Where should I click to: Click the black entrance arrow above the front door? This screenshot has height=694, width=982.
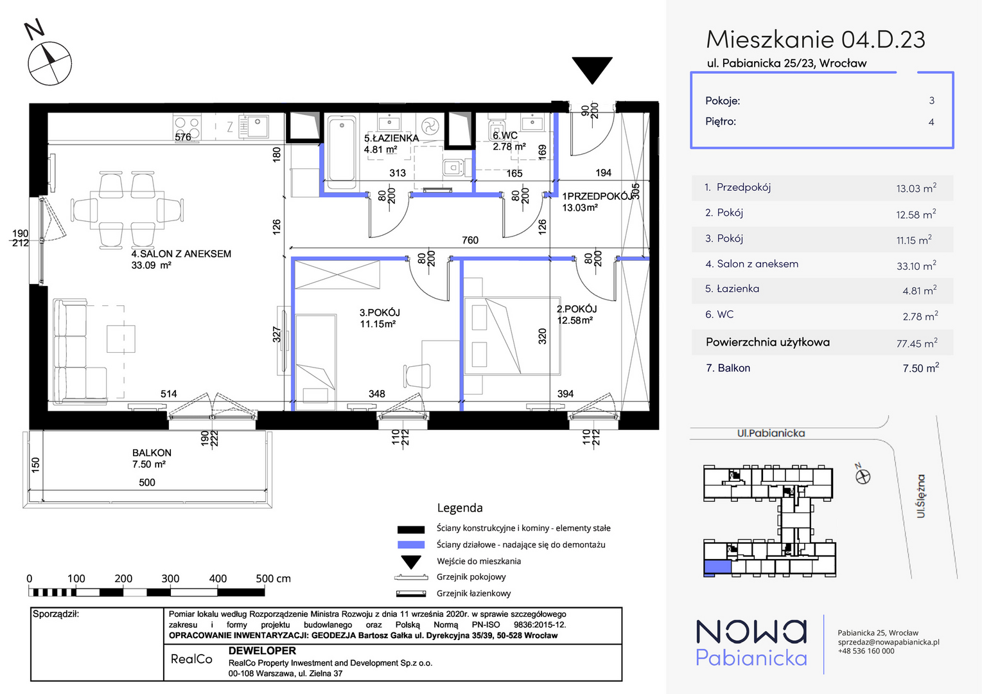(x=592, y=69)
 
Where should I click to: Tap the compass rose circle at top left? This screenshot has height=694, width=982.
(x=49, y=64)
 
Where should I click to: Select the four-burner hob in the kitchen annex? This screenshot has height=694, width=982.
(x=187, y=128)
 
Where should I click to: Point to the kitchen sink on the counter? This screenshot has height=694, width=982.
(x=254, y=127)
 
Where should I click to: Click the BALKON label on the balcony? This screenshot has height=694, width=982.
(x=152, y=452)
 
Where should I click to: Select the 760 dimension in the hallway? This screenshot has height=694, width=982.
(x=470, y=240)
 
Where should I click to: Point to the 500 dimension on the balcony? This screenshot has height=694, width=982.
(x=147, y=483)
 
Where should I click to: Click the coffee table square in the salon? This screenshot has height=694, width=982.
(x=121, y=338)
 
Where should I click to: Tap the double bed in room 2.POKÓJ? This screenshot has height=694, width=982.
(x=513, y=336)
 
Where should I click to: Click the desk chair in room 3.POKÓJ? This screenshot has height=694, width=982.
(x=417, y=376)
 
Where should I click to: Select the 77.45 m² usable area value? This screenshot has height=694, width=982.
(x=916, y=343)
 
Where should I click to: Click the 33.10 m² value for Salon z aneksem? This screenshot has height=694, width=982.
(x=916, y=265)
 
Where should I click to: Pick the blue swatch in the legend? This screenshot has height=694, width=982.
(x=411, y=545)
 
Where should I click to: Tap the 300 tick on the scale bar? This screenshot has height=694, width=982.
(x=170, y=578)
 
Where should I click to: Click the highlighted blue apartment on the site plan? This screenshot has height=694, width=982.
(x=717, y=567)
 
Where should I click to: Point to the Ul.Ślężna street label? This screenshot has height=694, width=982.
(x=920, y=495)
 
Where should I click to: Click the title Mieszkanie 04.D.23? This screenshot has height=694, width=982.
(x=816, y=39)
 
